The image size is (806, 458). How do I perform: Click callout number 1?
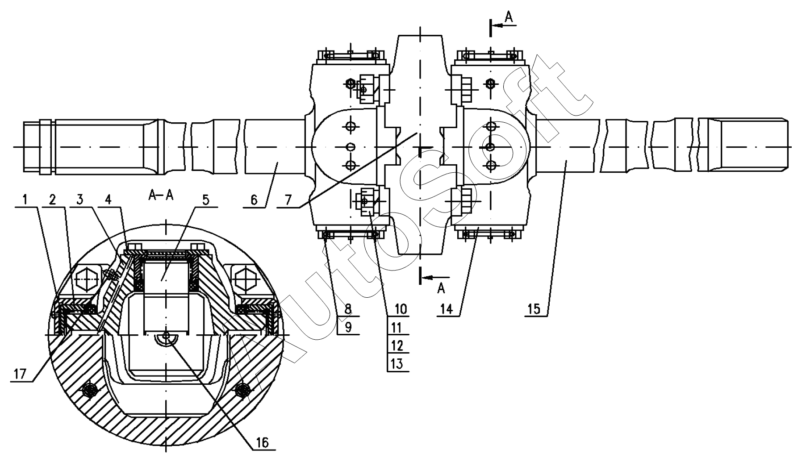coord(25,199)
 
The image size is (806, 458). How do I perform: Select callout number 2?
coord(52,199)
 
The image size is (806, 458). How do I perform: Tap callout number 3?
coord(80,199)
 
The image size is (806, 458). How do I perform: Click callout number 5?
coord(205,199)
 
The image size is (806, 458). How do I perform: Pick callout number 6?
coord(254,200)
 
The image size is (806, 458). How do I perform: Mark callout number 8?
coord(348,308)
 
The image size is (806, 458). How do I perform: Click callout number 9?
coord(348,327)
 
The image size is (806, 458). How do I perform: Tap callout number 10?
coord(398,308)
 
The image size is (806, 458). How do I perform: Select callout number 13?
coord(397,363)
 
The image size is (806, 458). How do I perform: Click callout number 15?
coord(535,308)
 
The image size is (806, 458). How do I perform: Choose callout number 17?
coord(21,374)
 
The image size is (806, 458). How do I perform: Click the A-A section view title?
coord(161,195)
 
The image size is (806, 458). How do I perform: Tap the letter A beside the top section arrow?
coord(509,17)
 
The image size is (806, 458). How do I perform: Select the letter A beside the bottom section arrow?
coord(441,289)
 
